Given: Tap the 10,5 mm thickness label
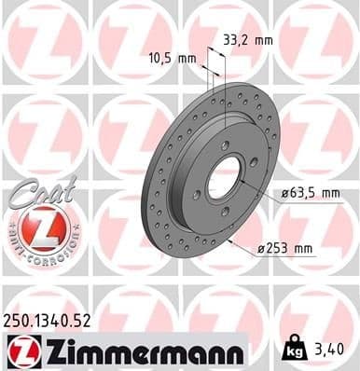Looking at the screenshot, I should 173,58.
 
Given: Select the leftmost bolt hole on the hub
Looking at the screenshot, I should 197,194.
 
